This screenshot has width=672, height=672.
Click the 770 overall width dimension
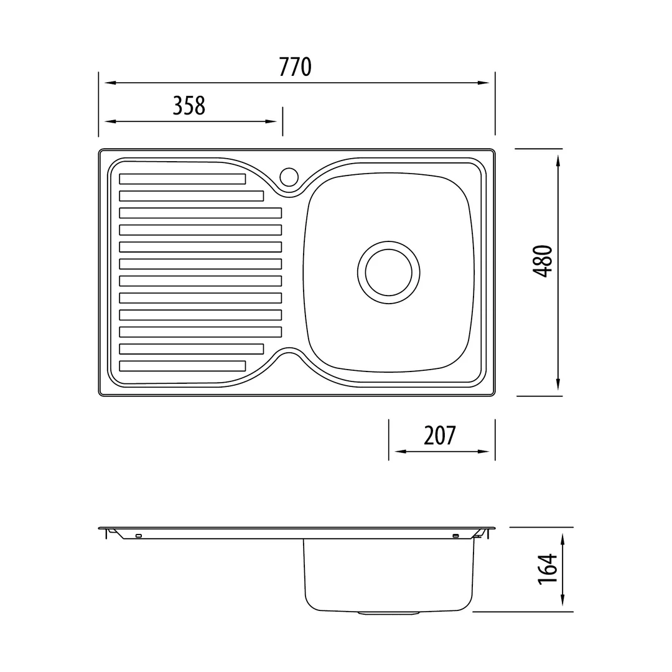[x=295, y=67]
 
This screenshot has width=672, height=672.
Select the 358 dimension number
[x=189, y=105]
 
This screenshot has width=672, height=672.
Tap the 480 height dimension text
[x=543, y=261]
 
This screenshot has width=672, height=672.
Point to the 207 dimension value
[x=440, y=436]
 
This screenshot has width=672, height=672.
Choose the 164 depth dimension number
[x=548, y=569]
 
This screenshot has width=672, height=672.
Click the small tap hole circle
[x=289, y=177]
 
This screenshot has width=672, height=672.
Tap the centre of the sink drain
[x=389, y=272]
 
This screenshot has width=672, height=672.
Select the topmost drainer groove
[x=182, y=179]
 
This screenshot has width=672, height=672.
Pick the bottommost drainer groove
[x=182, y=366]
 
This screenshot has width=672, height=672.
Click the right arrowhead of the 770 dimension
[x=484, y=83]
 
